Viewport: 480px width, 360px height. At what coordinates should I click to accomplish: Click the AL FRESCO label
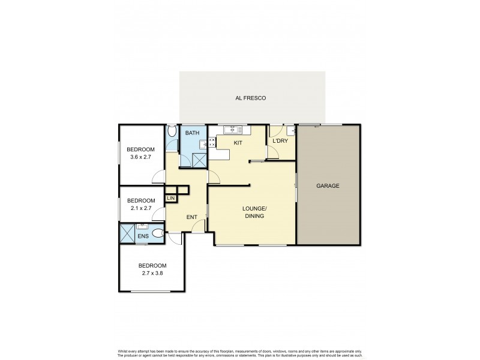[x=252, y=98]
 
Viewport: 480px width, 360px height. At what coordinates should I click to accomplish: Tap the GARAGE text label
[x=328, y=186]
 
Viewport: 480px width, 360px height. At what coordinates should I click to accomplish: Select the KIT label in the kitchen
[x=238, y=143]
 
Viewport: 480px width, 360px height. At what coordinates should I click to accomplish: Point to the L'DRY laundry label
[x=280, y=141]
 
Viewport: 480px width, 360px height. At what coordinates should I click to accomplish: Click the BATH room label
[x=192, y=133]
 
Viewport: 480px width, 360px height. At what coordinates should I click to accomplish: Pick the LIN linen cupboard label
[x=171, y=198]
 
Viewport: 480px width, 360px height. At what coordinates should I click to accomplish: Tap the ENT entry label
[x=192, y=217]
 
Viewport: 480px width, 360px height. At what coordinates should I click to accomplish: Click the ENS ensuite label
[x=143, y=237]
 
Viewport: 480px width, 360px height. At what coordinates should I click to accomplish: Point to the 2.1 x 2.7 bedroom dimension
[x=141, y=209]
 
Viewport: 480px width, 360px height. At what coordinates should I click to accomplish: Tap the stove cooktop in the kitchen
[x=211, y=143]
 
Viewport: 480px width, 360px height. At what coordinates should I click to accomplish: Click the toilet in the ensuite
[x=158, y=234]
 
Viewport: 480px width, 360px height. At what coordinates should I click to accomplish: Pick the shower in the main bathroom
[x=198, y=159]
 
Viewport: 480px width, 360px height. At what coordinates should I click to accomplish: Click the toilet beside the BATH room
[x=172, y=133]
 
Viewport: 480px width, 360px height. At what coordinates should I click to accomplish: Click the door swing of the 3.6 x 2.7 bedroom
[x=159, y=176]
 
